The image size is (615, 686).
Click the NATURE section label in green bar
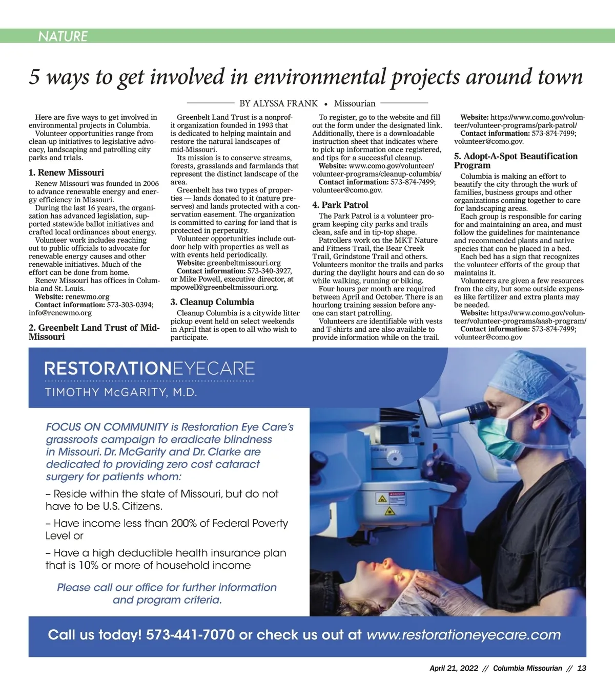[63, 36]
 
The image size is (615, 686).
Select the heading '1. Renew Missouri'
[66, 173]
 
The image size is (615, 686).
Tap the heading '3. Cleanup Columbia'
[212, 302]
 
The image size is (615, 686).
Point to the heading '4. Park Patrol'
[340, 205]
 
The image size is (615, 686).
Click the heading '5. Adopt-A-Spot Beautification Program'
[515, 161]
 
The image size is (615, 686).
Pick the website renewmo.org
[88, 297]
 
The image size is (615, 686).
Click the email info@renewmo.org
[60, 313]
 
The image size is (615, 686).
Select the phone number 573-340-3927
[270, 271]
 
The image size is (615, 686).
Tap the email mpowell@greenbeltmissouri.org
[224, 287]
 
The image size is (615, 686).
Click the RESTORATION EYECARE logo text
[150, 369]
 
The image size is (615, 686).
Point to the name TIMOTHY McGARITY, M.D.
[121, 393]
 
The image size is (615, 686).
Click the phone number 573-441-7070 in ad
[190, 635]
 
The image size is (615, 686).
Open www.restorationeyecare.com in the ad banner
[464, 635]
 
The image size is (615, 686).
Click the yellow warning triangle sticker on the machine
[382, 499]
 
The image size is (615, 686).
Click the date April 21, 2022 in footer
[454, 668]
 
